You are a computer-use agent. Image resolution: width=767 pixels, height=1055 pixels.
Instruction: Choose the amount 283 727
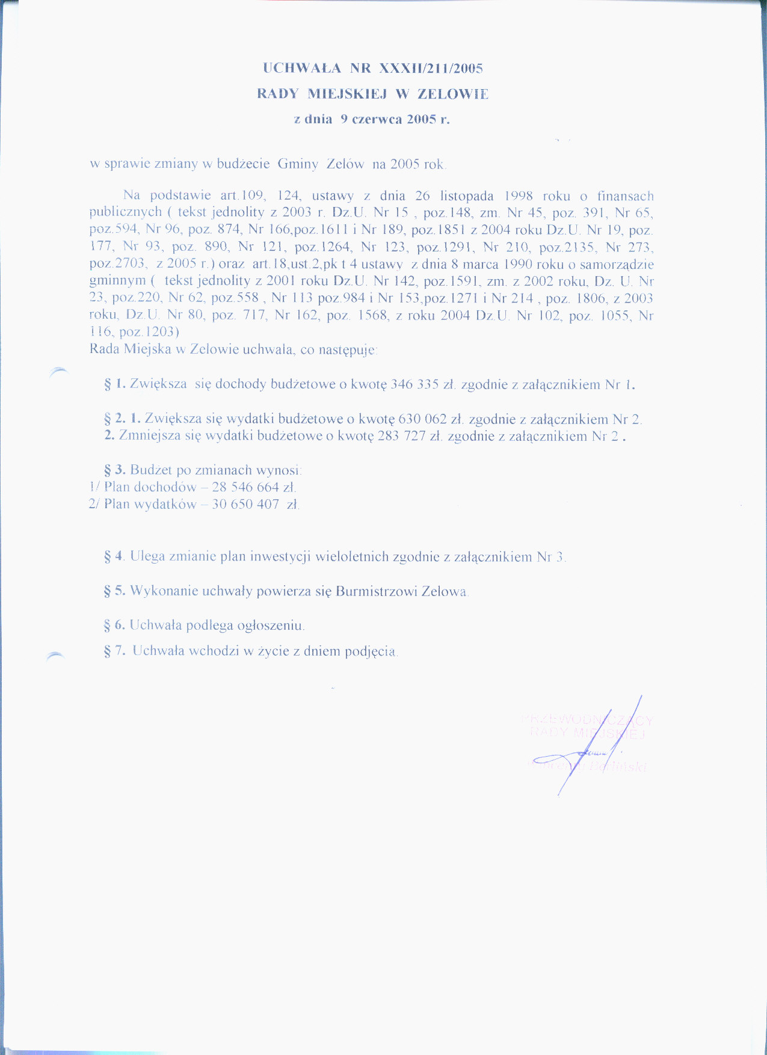click(x=402, y=436)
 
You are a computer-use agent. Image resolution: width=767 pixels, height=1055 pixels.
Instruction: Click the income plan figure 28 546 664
click(x=245, y=487)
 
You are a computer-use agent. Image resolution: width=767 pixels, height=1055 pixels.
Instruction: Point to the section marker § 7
click(x=114, y=651)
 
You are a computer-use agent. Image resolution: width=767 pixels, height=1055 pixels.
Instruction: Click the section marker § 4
click(x=114, y=557)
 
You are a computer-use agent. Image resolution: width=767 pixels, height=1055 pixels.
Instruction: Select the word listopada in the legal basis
click(x=467, y=196)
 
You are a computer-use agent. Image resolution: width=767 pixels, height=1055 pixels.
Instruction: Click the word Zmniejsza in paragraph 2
click(x=151, y=436)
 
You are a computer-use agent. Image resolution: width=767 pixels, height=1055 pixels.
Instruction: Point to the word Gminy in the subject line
click(x=298, y=164)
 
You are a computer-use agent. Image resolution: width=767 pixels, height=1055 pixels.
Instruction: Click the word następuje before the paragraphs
click(x=347, y=350)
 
